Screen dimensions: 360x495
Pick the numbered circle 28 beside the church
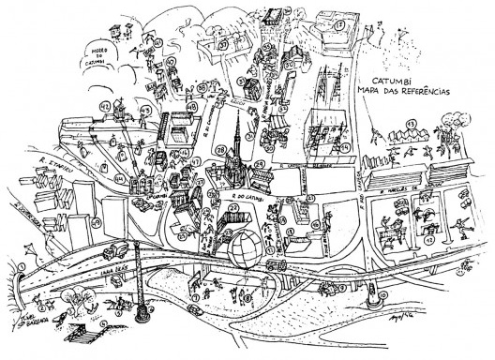point(220,150)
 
